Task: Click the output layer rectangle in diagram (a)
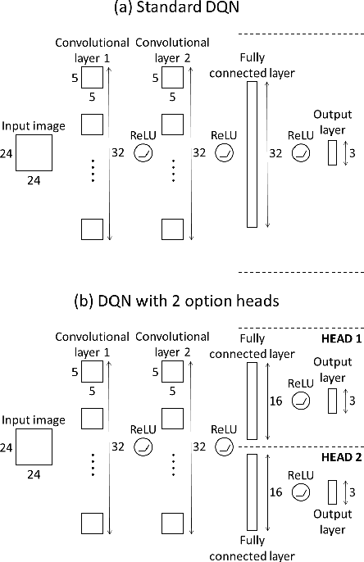(332, 152)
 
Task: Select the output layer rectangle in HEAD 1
(332, 401)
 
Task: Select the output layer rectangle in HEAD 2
(332, 492)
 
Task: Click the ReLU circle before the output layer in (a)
(300, 153)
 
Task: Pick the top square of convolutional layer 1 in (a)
(92, 77)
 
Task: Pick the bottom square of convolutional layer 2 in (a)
(173, 229)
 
